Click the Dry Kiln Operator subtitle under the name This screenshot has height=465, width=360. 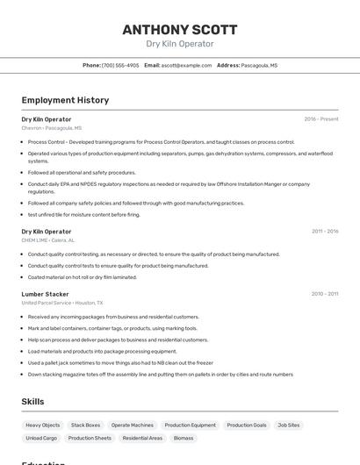pyautogui.click(x=180, y=44)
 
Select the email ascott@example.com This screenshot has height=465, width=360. pyautogui.click(x=186, y=65)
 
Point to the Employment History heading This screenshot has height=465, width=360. pyautogui.click(x=65, y=100)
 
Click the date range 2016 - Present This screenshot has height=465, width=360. pyautogui.click(x=321, y=118)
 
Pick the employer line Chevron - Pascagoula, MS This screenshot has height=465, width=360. pyautogui.click(x=52, y=128)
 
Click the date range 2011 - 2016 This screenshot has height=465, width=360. pyautogui.click(x=325, y=232)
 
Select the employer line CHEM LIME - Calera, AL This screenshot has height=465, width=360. pyautogui.click(x=48, y=240)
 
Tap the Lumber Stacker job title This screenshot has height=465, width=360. pyautogui.click(x=45, y=294)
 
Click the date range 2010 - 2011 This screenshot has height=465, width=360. pyautogui.click(x=325, y=294)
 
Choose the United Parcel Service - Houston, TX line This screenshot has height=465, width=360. pyautogui.click(x=62, y=303)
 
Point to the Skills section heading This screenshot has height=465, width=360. pyautogui.click(x=32, y=401)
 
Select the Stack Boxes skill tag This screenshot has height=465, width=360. pyautogui.click(x=85, y=425)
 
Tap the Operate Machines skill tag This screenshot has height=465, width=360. pyautogui.click(x=132, y=425)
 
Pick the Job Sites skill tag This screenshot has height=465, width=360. pyautogui.click(x=288, y=425)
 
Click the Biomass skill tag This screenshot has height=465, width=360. pyautogui.click(x=184, y=437)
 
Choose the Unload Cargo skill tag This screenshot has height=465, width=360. pyautogui.click(x=41, y=437)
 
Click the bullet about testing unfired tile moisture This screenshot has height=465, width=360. pyautogui.click(x=83, y=214)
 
